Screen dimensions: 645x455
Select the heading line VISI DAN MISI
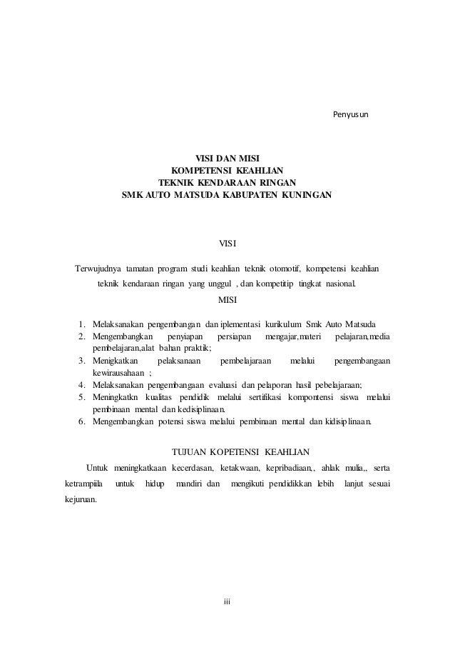pos(227,158)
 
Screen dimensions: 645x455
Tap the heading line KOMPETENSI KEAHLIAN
pos(227,170)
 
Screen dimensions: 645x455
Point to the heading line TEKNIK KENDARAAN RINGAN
pos(227,182)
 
